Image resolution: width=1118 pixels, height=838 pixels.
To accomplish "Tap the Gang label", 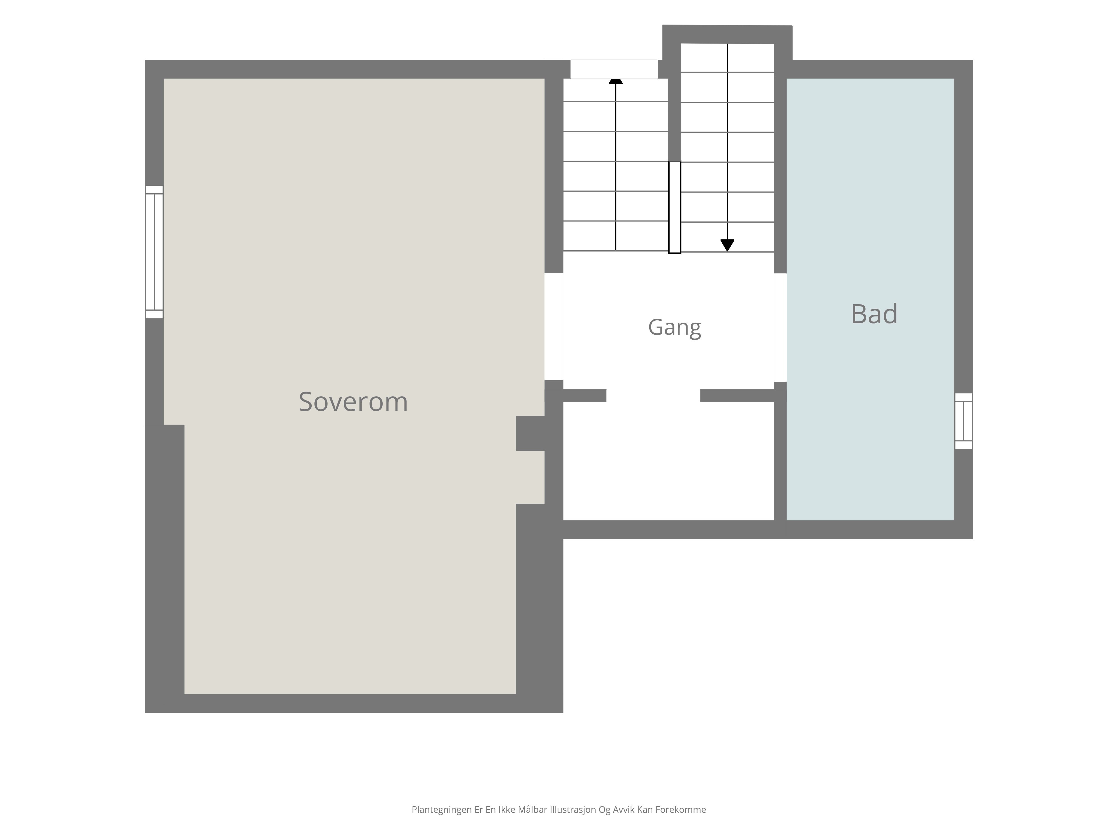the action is pos(674,327).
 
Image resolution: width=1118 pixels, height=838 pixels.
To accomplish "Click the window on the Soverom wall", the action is pos(154,252).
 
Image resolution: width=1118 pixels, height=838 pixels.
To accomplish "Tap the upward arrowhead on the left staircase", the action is pos(616,81).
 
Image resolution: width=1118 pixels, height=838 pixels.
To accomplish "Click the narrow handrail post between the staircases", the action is pos(675,207).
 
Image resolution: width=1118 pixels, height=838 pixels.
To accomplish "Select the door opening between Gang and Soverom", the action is pos(554,326).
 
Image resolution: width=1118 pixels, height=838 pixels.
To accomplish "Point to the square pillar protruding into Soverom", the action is pos(530,434).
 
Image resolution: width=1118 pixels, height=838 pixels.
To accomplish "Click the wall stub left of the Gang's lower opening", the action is pos(585,396).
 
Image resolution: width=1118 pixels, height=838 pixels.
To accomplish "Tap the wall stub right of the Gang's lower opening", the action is pos(737,396).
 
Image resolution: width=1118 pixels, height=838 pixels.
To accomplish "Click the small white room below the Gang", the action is pos(668,461).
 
